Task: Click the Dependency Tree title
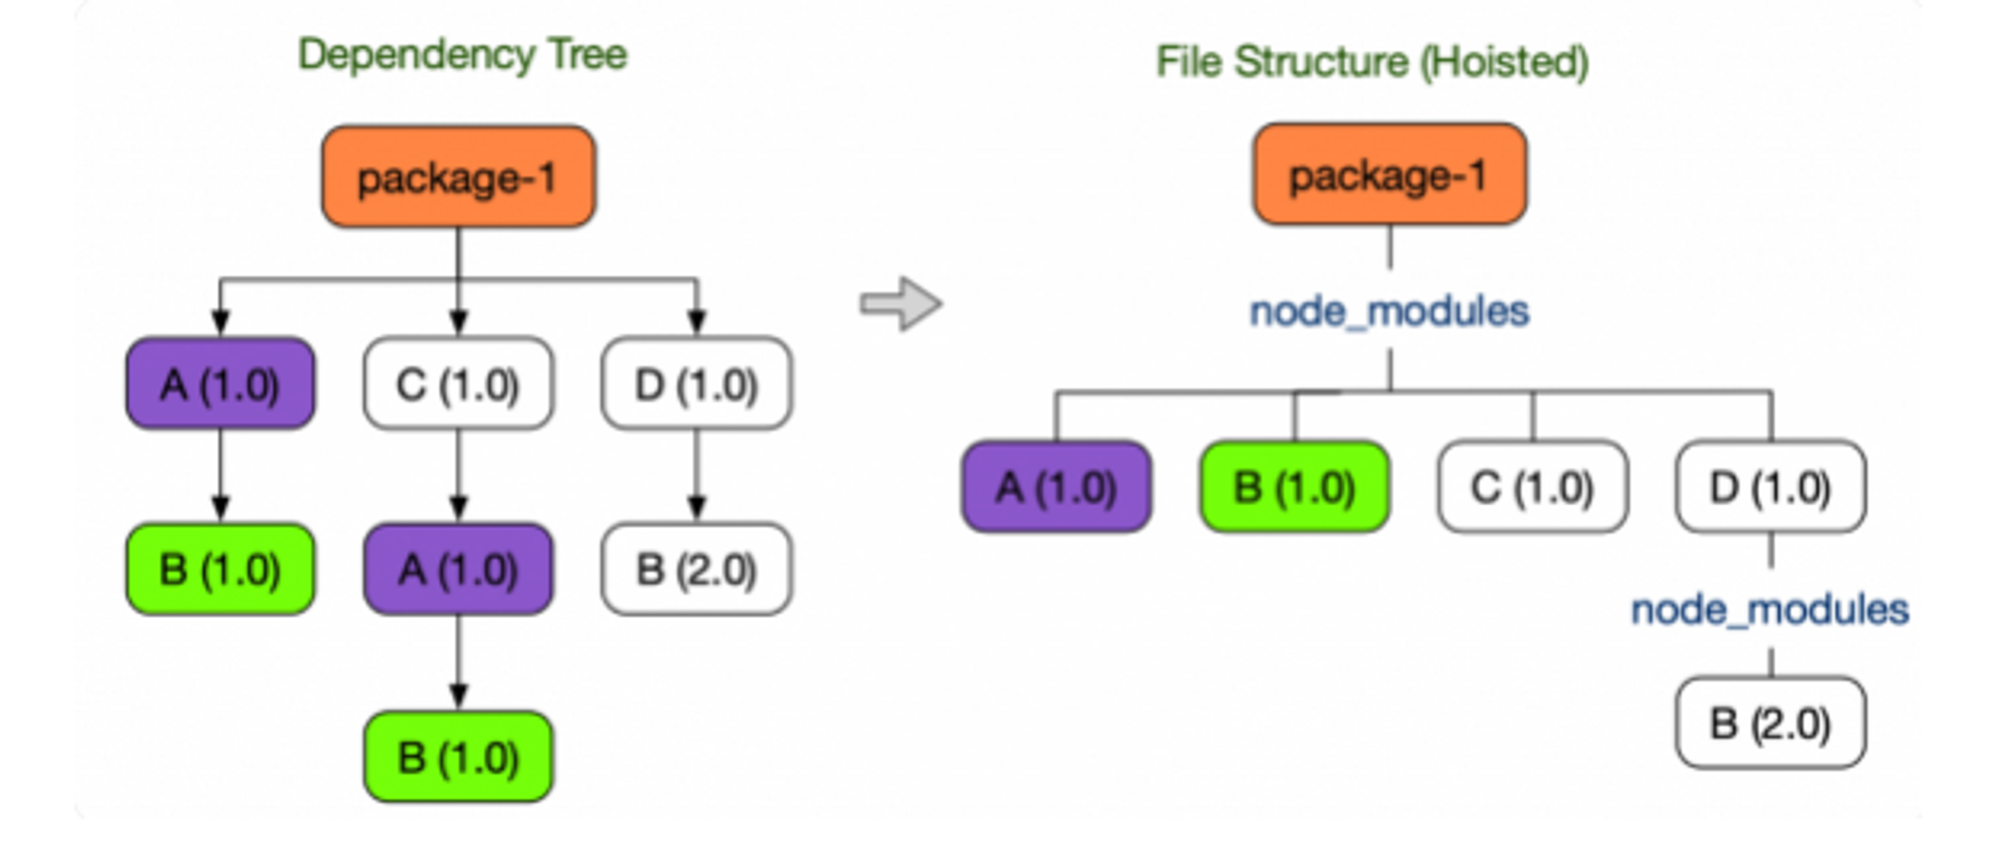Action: (462, 55)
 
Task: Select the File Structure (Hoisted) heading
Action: (1371, 62)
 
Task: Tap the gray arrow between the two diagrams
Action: (900, 303)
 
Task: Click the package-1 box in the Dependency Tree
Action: (458, 176)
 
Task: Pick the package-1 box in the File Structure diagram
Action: (1389, 174)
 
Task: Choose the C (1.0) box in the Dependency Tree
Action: (458, 384)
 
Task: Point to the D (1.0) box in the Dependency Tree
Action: (696, 384)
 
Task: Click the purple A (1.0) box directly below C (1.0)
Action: (458, 569)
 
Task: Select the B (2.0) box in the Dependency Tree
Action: (696, 569)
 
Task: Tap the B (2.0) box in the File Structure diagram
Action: (1771, 722)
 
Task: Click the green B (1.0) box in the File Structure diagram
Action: (1295, 486)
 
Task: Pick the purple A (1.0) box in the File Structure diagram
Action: (1057, 486)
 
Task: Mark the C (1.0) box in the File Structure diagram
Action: (1533, 486)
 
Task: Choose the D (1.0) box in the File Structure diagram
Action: (1771, 486)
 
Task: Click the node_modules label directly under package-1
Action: (1389, 312)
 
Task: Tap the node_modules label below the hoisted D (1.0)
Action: (1770, 610)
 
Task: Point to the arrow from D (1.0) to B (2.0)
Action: (696, 476)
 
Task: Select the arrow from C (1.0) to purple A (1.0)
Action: (458, 476)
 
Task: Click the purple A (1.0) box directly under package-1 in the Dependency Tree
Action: (220, 384)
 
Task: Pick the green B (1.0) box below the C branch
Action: (458, 756)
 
